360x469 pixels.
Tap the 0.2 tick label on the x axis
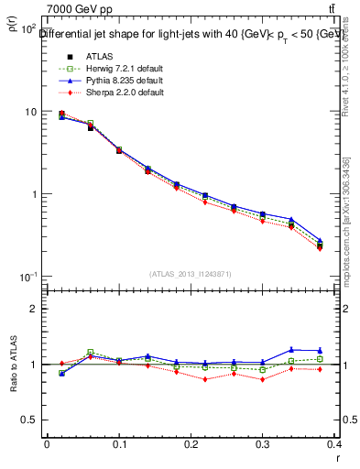[x=191, y=444]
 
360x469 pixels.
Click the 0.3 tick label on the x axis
[x=264, y=444]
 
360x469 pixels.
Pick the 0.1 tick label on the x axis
[x=119, y=444]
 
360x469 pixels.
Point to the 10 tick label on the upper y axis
[x=27, y=112]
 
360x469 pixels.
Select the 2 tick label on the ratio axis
[x=33, y=309]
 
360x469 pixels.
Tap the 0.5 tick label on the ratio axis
[x=29, y=420]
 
